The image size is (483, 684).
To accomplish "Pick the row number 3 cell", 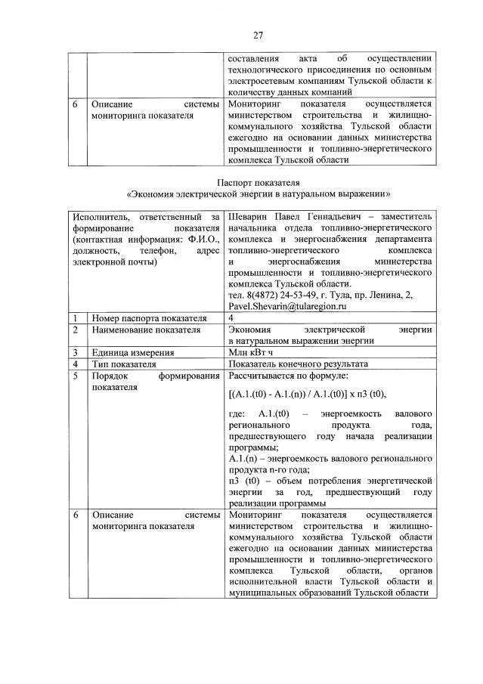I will [76, 352].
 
